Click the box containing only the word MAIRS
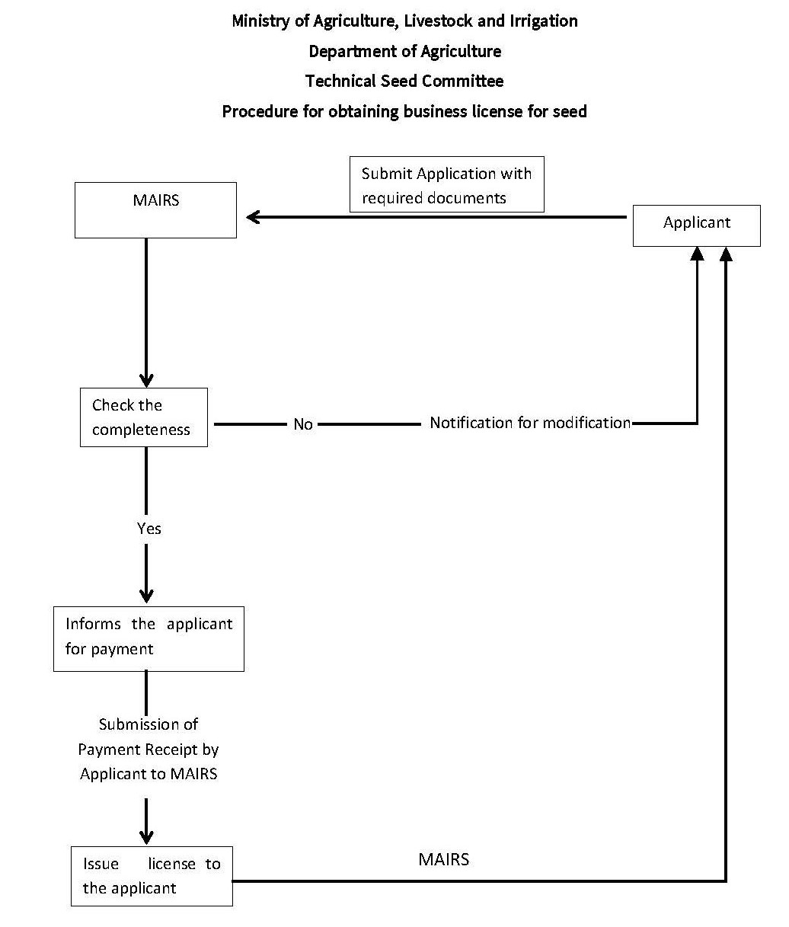(155, 210)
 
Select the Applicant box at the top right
(696, 225)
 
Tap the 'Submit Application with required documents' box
(446, 185)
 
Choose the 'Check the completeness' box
(143, 417)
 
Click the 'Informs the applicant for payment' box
(149, 638)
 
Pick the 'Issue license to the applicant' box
(152, 876)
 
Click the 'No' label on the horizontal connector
(303, 424)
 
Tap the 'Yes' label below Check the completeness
(149, 528)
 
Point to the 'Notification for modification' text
(530, 423)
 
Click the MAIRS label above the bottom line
(444, 859)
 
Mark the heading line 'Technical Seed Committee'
(404, 81)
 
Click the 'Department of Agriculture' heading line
(404, 51)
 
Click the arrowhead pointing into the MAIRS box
(254, 217)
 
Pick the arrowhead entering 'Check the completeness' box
(146, 379)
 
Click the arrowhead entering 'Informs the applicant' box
(146, 596)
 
